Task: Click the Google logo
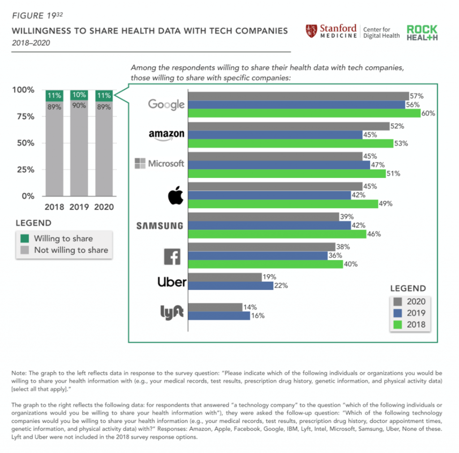click(166, 105)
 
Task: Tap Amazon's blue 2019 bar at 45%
click(275, 135)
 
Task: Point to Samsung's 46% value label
click(374, 233)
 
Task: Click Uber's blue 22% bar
click(230, 285)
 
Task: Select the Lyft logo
click(172, 312)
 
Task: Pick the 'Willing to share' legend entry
click(63, 238)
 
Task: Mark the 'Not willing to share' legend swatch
click(25, 250)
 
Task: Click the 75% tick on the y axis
click(23, 116)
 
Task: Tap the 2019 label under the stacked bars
click(79, 207)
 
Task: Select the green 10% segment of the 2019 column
click(79, 95)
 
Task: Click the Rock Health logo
click(422, 33)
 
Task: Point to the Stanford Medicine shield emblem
click(311, 31)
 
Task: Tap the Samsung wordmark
click(160, 226)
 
